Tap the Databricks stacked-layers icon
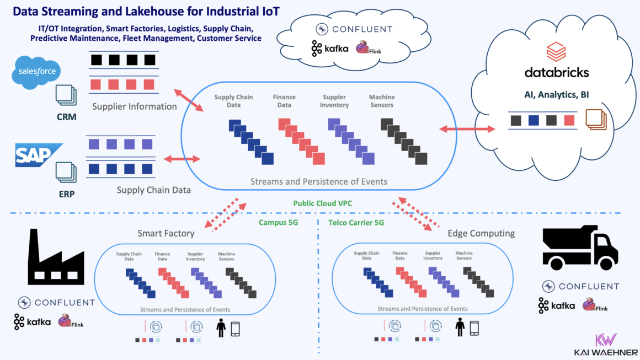[556, 52]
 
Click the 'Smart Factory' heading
[166, 233]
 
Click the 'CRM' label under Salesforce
[66, 117]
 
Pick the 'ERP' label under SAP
[66, 194]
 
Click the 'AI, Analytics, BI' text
[556, 95]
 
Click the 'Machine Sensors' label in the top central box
[382, 101]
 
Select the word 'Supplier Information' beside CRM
[135, 106]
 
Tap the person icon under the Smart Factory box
[221, 329]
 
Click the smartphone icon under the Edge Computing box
[474, 328]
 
